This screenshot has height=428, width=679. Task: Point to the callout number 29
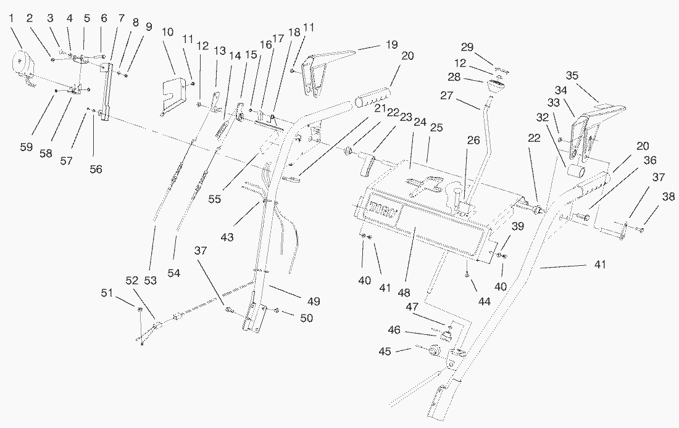(x=468, y=47)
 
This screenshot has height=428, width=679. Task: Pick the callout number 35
(x=572, y=76)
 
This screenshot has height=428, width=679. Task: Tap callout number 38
(x=669, y=197)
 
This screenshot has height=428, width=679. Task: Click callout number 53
(x=150, y=281)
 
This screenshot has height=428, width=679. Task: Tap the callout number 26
(x=473, y=140)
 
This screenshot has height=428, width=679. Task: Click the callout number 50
(x=306, y=318)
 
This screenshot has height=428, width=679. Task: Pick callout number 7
(x=120, y=19)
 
